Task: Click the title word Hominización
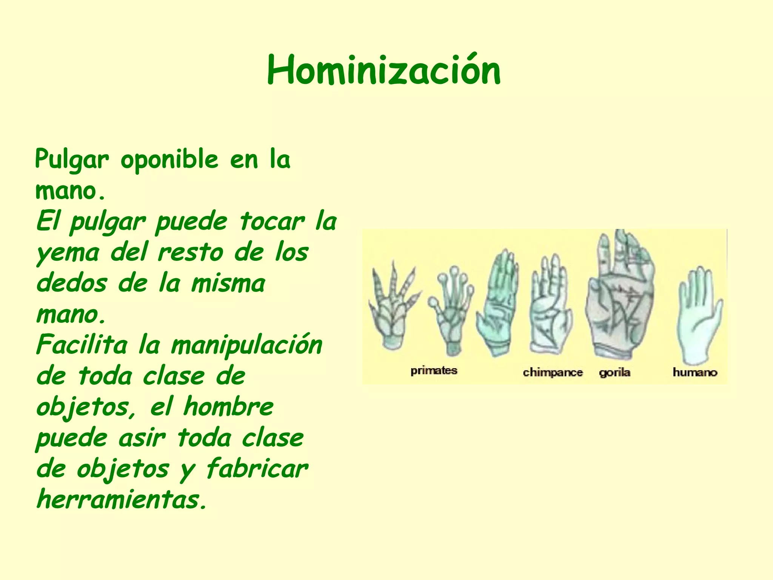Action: [383, 70]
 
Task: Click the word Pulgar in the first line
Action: [72, 159]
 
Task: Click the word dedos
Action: [72, 283]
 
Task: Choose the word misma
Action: [228, 283]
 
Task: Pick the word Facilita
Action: [82, 345]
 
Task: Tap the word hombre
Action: [229, 407]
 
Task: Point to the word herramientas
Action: [122, 500]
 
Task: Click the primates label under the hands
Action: [434, 370]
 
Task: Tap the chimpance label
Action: [553, 373]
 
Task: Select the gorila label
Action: [614, 373]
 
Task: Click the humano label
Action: [694, 372]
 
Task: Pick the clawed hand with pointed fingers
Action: [393, 306]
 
